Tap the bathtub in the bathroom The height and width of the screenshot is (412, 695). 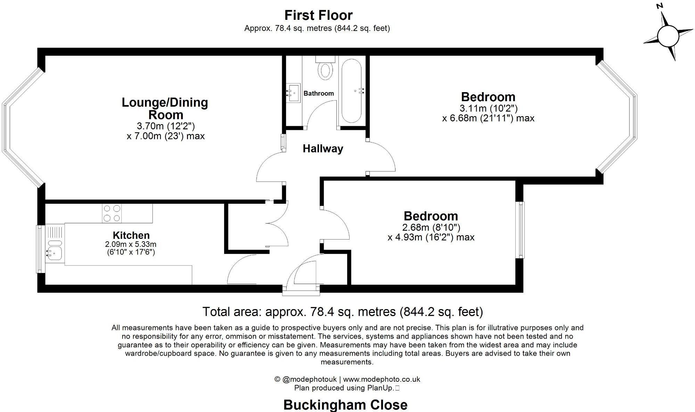(x=352, y=91)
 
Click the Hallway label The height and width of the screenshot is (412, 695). (x=323, y=149)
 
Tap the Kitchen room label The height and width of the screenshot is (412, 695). (x=131, y=235)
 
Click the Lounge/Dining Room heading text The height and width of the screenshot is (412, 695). (x=165, y=108)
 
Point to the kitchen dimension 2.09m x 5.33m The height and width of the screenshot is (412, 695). (x=131, y=244)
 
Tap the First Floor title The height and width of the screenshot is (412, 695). (x=318, y=15)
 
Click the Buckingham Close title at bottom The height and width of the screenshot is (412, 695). (x=345, y=405)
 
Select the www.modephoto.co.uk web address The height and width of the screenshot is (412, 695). (x=382, y=379)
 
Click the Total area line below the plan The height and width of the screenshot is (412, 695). (x=343, y=312)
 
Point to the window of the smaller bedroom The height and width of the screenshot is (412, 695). (x=521, y=230)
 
